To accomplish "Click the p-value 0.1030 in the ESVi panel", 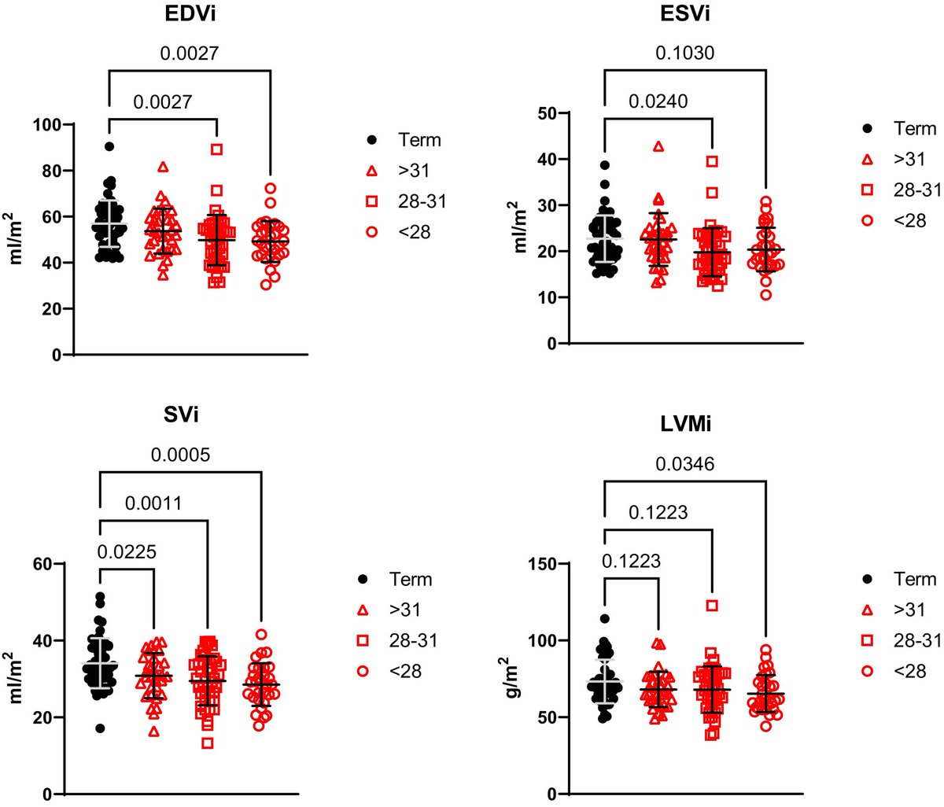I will point(684,53).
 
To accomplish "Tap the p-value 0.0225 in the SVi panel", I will point(127,551).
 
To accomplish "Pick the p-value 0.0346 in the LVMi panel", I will point(684,465).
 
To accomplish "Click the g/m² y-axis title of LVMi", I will point(522,678).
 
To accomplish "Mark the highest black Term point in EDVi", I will point(109,146).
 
